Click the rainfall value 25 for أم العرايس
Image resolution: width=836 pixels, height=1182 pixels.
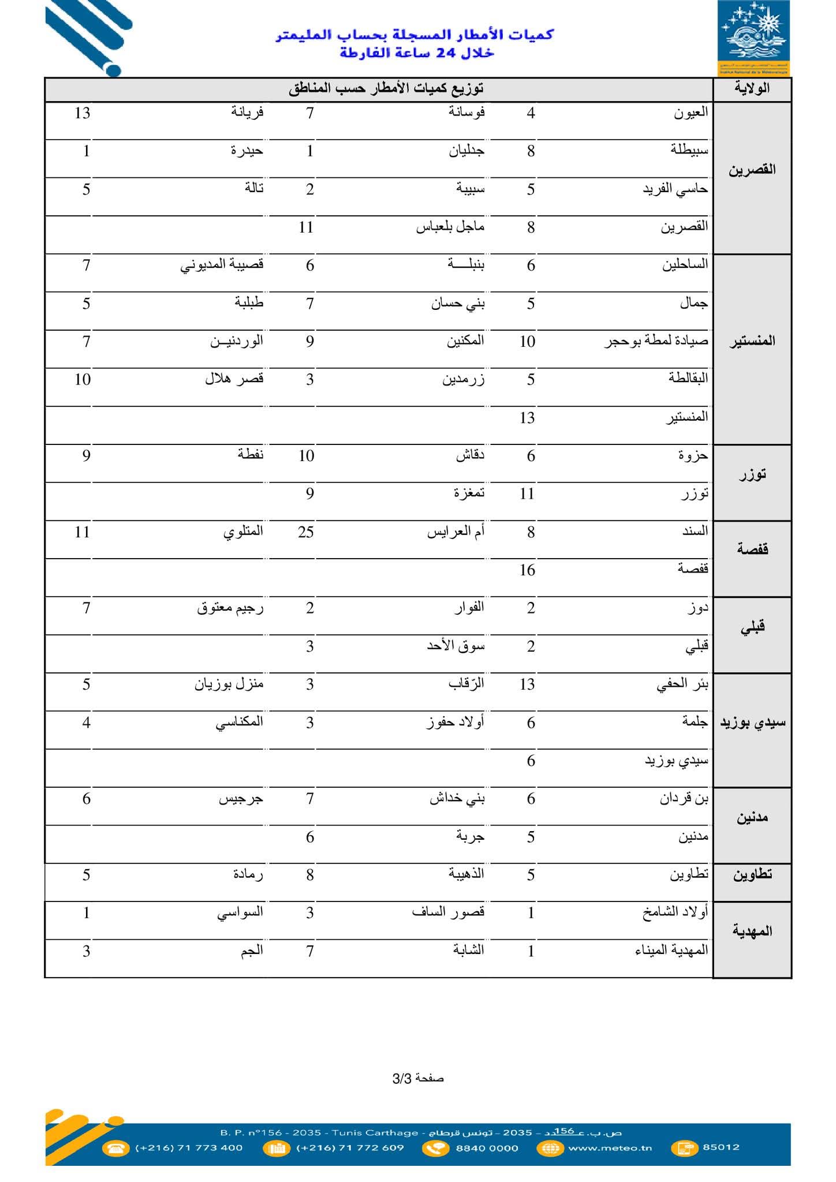pos(306,532)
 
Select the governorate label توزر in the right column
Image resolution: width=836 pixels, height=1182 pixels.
pos(752,475)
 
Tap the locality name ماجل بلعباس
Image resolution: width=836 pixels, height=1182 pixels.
pos(450,227)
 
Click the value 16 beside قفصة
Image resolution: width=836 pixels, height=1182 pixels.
pos(527,570)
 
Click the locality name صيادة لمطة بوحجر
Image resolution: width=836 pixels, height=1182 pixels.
pos(656,341)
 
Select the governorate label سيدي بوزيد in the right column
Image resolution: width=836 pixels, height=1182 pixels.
pos(752,722)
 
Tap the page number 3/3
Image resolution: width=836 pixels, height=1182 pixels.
pos(418,1078)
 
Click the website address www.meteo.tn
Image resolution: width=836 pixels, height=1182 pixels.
pos(610,1147)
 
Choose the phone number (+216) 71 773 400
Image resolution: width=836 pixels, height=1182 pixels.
pos(189,1147)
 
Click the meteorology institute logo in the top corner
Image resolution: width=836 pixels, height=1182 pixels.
pos(753,38)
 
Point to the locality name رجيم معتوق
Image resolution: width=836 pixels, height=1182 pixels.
pos(230,608)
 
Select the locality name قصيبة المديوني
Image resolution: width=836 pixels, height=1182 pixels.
pos(222,265)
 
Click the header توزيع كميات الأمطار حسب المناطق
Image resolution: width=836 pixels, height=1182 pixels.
pos(386,88)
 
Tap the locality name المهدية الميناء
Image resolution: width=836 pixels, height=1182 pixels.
pos(671,951)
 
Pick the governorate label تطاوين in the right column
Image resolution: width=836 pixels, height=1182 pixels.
pos(752,874)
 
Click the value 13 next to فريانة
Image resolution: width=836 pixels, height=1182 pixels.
pos(83,113)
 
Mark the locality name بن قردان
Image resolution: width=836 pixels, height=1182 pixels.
pos(684,799)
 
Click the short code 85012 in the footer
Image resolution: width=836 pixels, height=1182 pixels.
pos(721,1147)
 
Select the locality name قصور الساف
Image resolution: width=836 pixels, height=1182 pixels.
pos(448,912)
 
